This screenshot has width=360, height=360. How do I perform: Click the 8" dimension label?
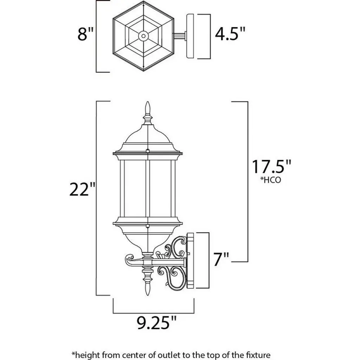(85, 34)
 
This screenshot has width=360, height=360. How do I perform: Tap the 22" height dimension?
(82, 189)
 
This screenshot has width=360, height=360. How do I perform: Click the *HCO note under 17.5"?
(270, 180)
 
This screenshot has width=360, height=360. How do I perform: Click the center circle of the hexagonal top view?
(143, 36)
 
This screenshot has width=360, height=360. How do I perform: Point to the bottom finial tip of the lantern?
(148, 295)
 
